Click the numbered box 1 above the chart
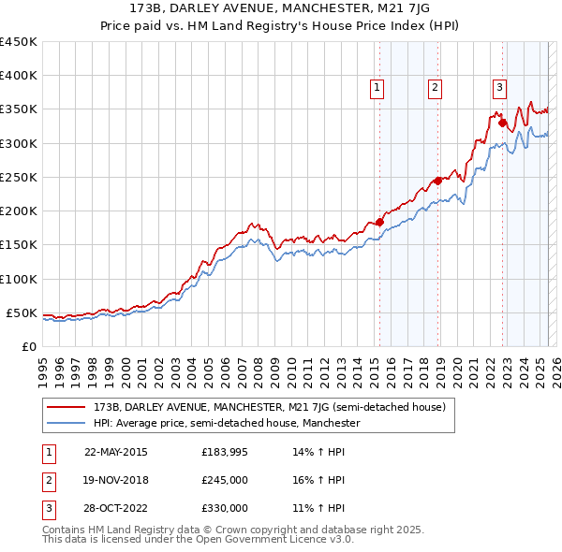377,89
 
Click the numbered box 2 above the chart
436,89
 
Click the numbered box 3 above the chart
500,89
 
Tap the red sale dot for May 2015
379,222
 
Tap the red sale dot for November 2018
437,181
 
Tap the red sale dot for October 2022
503,123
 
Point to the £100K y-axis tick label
19,279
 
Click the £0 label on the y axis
31,347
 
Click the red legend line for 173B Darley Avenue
68,407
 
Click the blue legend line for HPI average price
68,423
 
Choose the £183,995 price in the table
224,452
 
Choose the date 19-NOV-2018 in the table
116,480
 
